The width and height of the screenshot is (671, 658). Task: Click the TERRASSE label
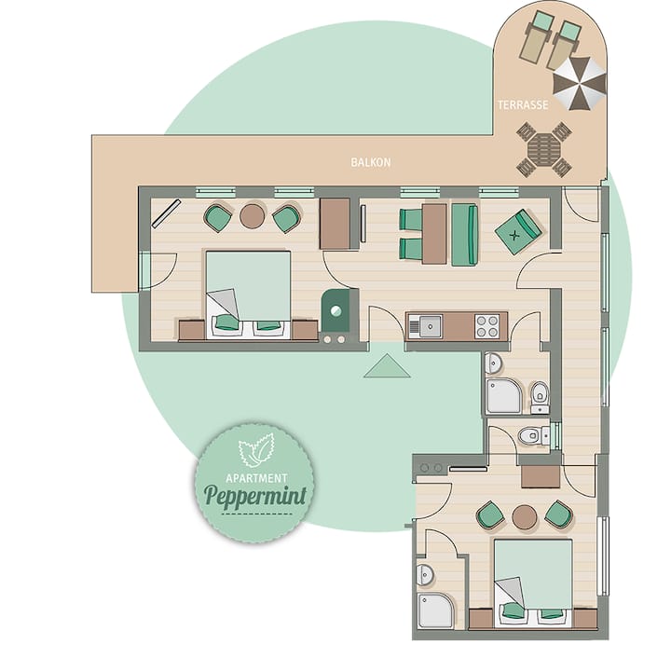(x=523, y=104)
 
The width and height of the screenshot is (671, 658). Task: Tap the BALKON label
(x=371, y=162)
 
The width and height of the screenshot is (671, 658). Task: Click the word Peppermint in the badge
(x=255, y=496)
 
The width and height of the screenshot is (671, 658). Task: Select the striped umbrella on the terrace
(x=580, y=84)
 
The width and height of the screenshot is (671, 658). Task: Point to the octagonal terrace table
(x=544, y=149)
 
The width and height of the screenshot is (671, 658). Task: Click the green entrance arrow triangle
(x=388, y=366)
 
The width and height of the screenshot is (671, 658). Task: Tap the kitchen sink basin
(x=431, y=326)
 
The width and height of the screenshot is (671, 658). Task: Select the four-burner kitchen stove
(x=487, y=326)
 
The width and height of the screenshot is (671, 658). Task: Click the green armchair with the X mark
(x=518, y=232)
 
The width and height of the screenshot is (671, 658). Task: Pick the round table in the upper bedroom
(x=252, y=216)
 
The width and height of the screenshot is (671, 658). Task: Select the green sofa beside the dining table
(x=465, y=235)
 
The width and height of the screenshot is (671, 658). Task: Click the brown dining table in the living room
(x=434, y=234)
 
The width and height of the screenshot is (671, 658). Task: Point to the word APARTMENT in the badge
(x=256, y=478)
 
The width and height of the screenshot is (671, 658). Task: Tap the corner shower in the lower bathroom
(x=435, y=610)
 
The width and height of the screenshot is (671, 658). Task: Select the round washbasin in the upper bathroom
(x=494, y=364)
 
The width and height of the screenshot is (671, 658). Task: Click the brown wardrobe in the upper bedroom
(x=335, y=224)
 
